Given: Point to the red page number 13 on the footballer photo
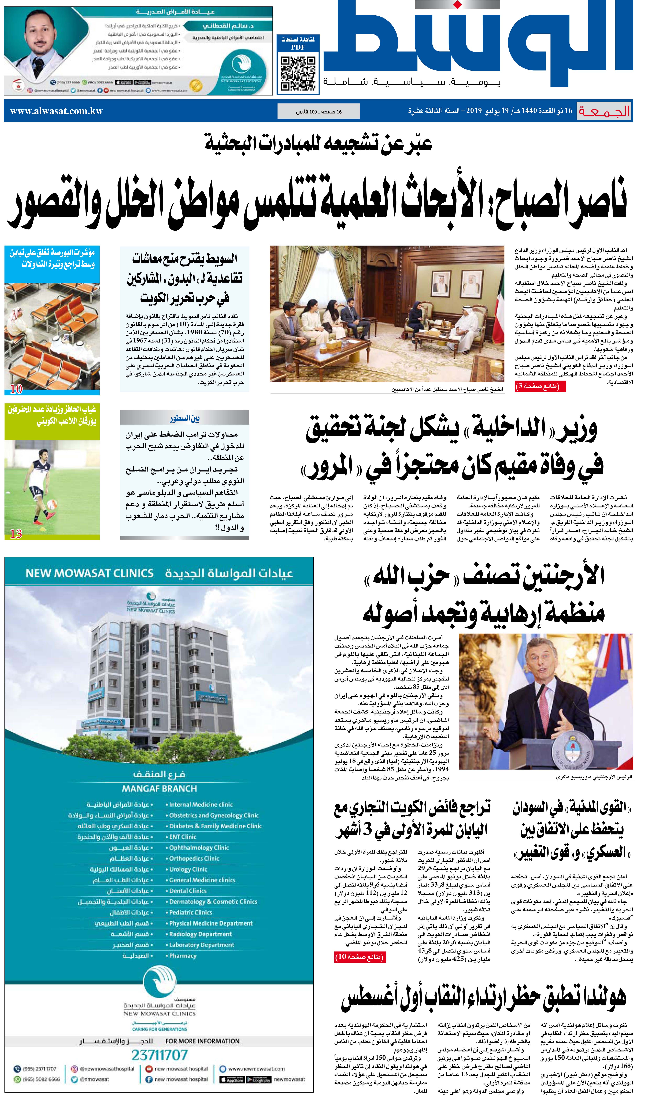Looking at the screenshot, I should pyautogui.click(x=16, y=533).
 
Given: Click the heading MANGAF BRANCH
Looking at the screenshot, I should pyautogui.click(x=159, y=789).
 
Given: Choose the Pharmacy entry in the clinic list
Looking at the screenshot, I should pyautogui.click(x=183, y=956).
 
